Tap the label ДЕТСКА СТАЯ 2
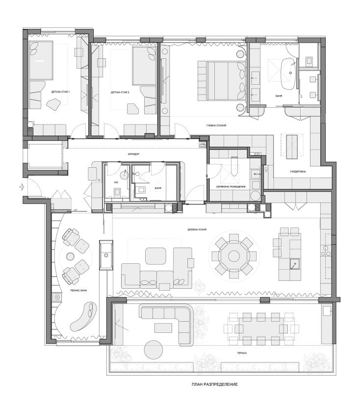tap(120, 92)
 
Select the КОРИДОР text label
tap(134, 154)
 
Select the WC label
tap(116, 182)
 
